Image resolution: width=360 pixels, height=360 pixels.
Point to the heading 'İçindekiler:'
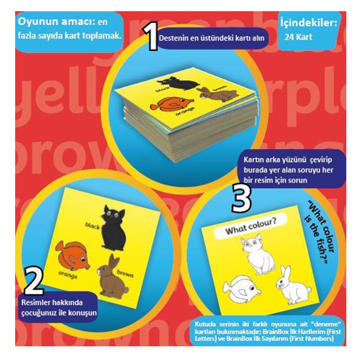(x=309, y=23)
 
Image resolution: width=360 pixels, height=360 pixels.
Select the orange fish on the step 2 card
(x=72, y=256)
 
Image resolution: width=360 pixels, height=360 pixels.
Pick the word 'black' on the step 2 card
(x=92, y=225)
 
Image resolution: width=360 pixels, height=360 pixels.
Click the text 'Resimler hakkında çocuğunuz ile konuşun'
(x=58, y=307)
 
